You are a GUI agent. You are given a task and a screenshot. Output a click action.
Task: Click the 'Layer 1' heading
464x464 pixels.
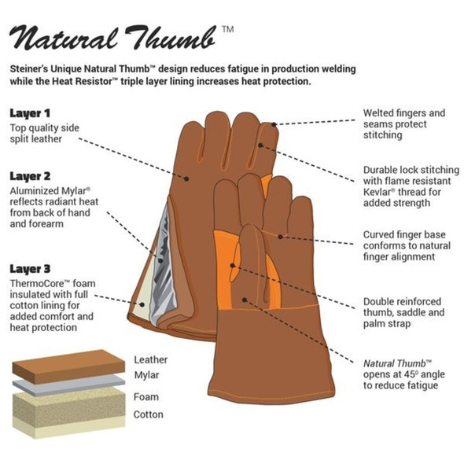[30, 113]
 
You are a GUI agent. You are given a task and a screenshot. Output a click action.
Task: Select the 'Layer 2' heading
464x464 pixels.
[30, 176]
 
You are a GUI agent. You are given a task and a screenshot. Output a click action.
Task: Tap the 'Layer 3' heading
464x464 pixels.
[30, 269]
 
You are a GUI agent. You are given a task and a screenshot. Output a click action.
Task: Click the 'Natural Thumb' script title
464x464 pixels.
[112, 38]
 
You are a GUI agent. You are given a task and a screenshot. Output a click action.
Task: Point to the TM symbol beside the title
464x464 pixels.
[228, 29]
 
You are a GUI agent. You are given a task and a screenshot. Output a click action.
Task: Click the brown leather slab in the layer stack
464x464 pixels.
[68, 366]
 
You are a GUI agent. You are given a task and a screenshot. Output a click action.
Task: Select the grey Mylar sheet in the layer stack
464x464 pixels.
[68, 384]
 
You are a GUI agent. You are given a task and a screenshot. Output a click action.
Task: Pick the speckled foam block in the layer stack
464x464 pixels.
[68, 405]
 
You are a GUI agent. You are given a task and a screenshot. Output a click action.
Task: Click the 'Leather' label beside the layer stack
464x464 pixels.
[151, 360]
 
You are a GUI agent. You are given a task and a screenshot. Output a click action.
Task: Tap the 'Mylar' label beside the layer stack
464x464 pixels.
[146, 375]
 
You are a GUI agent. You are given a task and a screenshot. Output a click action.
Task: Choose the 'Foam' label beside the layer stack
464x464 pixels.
[146, 397]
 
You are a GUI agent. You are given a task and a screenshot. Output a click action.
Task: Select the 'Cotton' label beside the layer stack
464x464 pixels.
[149, 414]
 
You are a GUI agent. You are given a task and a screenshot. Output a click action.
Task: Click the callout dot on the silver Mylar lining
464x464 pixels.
[160, 260]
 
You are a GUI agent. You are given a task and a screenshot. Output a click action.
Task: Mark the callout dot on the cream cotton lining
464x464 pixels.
[142, 304]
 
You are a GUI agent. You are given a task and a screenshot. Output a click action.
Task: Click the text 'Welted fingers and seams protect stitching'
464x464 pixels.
[404, 124]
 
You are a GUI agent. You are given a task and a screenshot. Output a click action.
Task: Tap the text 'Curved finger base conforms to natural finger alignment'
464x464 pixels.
[407, 245]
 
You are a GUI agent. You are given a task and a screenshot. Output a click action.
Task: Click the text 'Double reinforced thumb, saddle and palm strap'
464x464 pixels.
[404, 312]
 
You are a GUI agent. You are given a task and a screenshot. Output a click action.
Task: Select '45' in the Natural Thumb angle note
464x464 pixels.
[410, 374]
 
